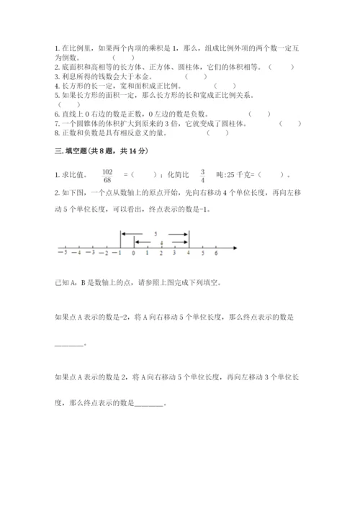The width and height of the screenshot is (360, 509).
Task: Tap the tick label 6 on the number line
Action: coord(216,253)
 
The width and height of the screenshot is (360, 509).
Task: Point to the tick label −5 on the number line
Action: coord(64,253)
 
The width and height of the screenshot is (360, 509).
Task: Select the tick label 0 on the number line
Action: coord(134,253)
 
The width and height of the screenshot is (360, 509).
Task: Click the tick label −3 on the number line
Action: coord(91,253)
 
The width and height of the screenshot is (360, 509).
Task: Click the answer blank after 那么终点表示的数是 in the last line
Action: coord(149,404)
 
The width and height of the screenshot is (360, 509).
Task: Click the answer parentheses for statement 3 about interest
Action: coord(196,76)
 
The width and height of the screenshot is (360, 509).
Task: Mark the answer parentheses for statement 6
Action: coord(259,113)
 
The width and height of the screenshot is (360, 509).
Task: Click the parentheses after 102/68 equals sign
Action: coord(145,175)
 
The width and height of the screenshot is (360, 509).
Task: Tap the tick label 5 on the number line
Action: coord(203,253)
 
